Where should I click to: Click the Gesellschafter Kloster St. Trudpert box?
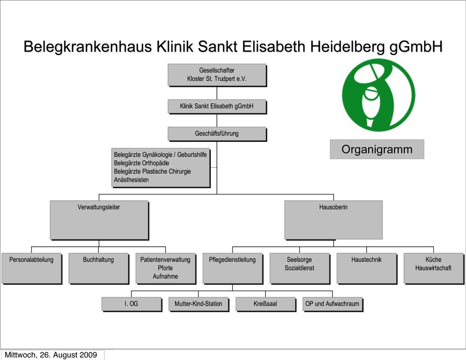point(216,74)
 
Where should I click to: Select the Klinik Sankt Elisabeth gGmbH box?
point(216,106)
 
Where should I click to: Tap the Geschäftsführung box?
point(216,133)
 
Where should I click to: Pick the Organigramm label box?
point(376,149)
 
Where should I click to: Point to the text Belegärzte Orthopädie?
point(141,163)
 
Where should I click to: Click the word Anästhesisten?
point(132,180)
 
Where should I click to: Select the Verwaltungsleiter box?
point(98,219)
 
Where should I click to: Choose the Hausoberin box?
point(333,219)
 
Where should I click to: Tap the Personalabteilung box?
point(31,267)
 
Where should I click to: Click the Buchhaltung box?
point(98,267)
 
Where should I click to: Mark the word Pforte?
point(165,268)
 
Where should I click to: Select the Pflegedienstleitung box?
point(232,267)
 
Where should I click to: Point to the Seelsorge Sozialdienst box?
point(299,267)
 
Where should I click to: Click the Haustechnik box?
point(366,267)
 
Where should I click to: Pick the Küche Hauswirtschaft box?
point(433,267)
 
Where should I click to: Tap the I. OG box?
point(131,304)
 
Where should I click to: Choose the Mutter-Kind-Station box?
point(198,304)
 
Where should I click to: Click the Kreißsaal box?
point(265,304)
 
